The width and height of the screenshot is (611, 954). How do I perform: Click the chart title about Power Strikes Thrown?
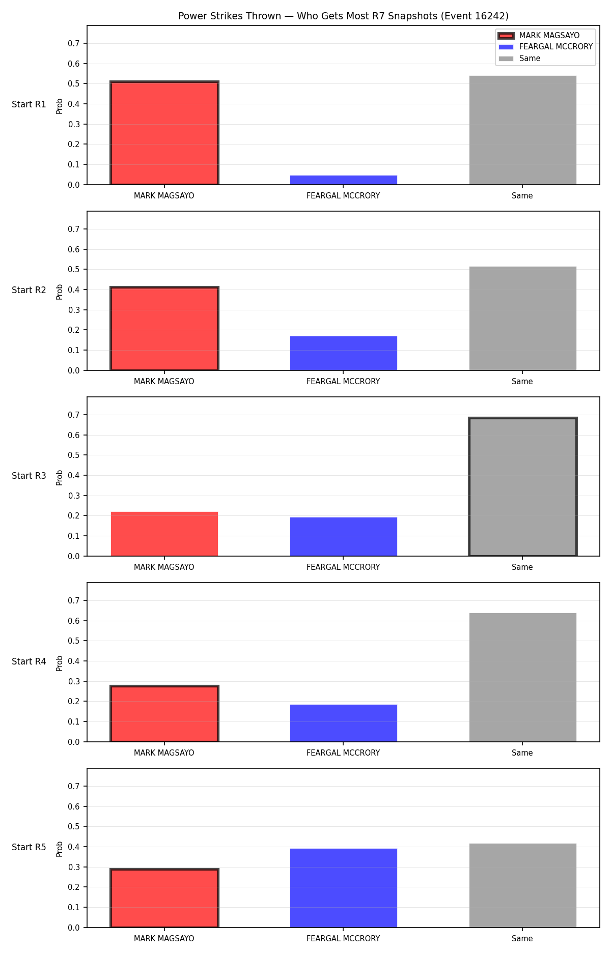(343, 16)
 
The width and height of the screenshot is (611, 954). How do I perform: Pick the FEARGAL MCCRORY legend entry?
(545, 47)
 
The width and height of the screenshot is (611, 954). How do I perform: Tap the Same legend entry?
(519, 59)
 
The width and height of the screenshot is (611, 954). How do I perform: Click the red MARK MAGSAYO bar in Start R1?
(164, 133)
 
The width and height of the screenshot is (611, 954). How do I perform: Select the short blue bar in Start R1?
(344, 180)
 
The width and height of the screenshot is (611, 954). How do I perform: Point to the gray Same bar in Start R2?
(523, 319)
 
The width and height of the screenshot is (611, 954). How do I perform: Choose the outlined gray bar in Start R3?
(523, 487)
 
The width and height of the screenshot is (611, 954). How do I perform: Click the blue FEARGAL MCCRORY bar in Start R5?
(344, 888)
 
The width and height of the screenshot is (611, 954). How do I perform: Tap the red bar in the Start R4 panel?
(164, 714)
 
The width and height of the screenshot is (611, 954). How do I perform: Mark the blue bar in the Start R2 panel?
(344, 353)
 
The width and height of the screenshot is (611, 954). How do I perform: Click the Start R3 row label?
(29, 476)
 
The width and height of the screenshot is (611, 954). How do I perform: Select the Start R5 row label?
(29, 847)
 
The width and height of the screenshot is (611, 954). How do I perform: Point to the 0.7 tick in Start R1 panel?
(74, 44)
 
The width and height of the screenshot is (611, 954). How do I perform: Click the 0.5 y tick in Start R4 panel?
(74, 641)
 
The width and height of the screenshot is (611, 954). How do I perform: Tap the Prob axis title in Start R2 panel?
(60, 292)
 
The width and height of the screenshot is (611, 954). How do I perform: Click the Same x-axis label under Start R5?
(522, 939)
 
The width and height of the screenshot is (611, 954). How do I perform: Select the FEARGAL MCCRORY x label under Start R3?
(343, 567)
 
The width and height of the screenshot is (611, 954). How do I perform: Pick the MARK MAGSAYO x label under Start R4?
(164, 753)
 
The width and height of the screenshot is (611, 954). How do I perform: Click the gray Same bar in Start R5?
(523, 885)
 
